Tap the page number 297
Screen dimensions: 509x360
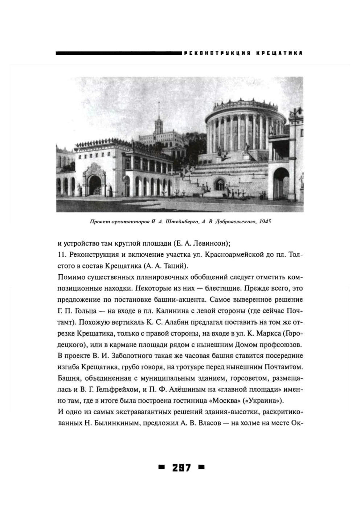(181, 468)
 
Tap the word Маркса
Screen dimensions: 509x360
(267, 333)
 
